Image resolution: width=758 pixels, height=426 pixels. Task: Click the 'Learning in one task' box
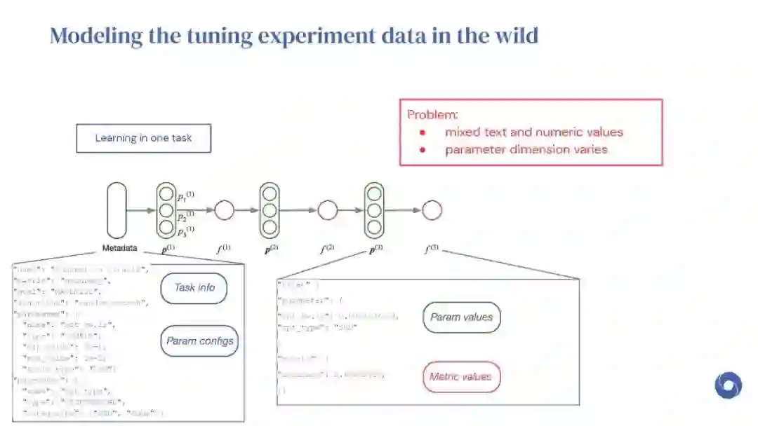point(143,138)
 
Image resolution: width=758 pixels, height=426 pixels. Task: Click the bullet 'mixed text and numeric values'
point(533,132)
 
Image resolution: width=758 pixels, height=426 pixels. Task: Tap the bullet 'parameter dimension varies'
point(526,149)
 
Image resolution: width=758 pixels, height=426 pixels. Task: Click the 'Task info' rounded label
point(194,287)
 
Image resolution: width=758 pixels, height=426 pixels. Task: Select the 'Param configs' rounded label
point(200,342)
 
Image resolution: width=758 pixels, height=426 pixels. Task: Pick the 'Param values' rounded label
point(461,317)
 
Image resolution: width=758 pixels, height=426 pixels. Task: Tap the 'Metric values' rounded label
point(461,377)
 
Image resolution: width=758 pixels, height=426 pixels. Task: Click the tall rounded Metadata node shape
point(117,209)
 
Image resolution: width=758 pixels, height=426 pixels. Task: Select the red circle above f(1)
point(224,209)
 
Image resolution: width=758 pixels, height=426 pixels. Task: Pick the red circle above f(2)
point(328,209)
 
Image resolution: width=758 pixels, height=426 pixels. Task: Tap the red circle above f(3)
point(432,209)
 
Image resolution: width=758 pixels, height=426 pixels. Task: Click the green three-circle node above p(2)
point(270,209)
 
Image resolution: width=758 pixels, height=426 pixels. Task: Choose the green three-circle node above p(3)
point(374,209)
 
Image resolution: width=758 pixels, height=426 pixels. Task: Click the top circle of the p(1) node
point(166,194)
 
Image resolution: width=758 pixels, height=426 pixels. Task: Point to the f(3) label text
point(430,248)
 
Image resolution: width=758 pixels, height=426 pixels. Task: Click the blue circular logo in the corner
point(728,385)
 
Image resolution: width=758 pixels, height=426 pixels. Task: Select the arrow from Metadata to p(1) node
point(141,209)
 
